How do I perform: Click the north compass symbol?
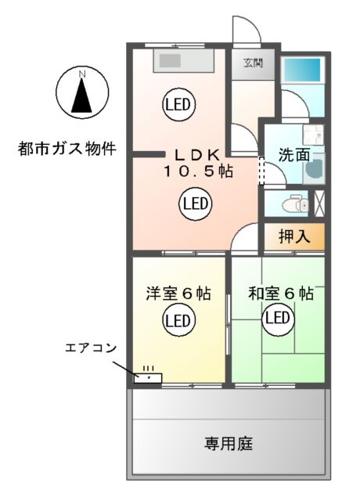coord(81,92)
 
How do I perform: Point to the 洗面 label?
coord(293,155)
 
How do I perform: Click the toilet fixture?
coord(297,204)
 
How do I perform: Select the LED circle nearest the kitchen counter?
coord(179,104)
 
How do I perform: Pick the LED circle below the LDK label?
coord(195,204)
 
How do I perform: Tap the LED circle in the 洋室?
coord(178,320)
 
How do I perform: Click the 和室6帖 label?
coord(281,294)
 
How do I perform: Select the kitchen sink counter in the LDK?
coord(183,59)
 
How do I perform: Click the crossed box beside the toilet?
coord(319,203)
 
